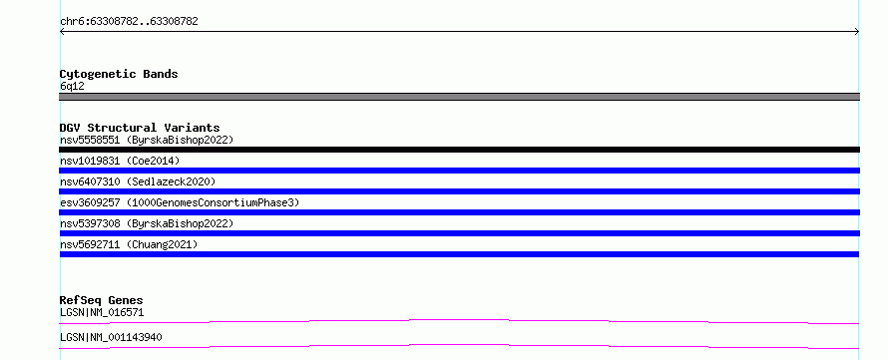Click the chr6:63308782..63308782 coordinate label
pos(129,22)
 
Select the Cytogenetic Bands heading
pos(119,74)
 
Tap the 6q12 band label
pos(72,87)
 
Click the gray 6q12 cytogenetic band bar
pos(459,97)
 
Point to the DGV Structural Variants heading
pos(140,128)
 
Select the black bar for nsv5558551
pos(459,150)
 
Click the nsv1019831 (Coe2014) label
pos(120,161)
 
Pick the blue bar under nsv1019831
pos(459,171)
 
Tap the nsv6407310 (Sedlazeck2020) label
pos(138,181)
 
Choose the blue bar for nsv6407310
pos(459,191)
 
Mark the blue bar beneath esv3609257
pos(459,212)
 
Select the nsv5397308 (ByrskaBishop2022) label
pos(147,223)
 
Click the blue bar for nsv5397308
pos(459,233)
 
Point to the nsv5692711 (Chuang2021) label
pos(129,244)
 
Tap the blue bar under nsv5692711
pos(459,254)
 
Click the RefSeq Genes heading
pos(102,300)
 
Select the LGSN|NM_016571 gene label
pos(102,312)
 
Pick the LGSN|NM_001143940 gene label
pos(111,337)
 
